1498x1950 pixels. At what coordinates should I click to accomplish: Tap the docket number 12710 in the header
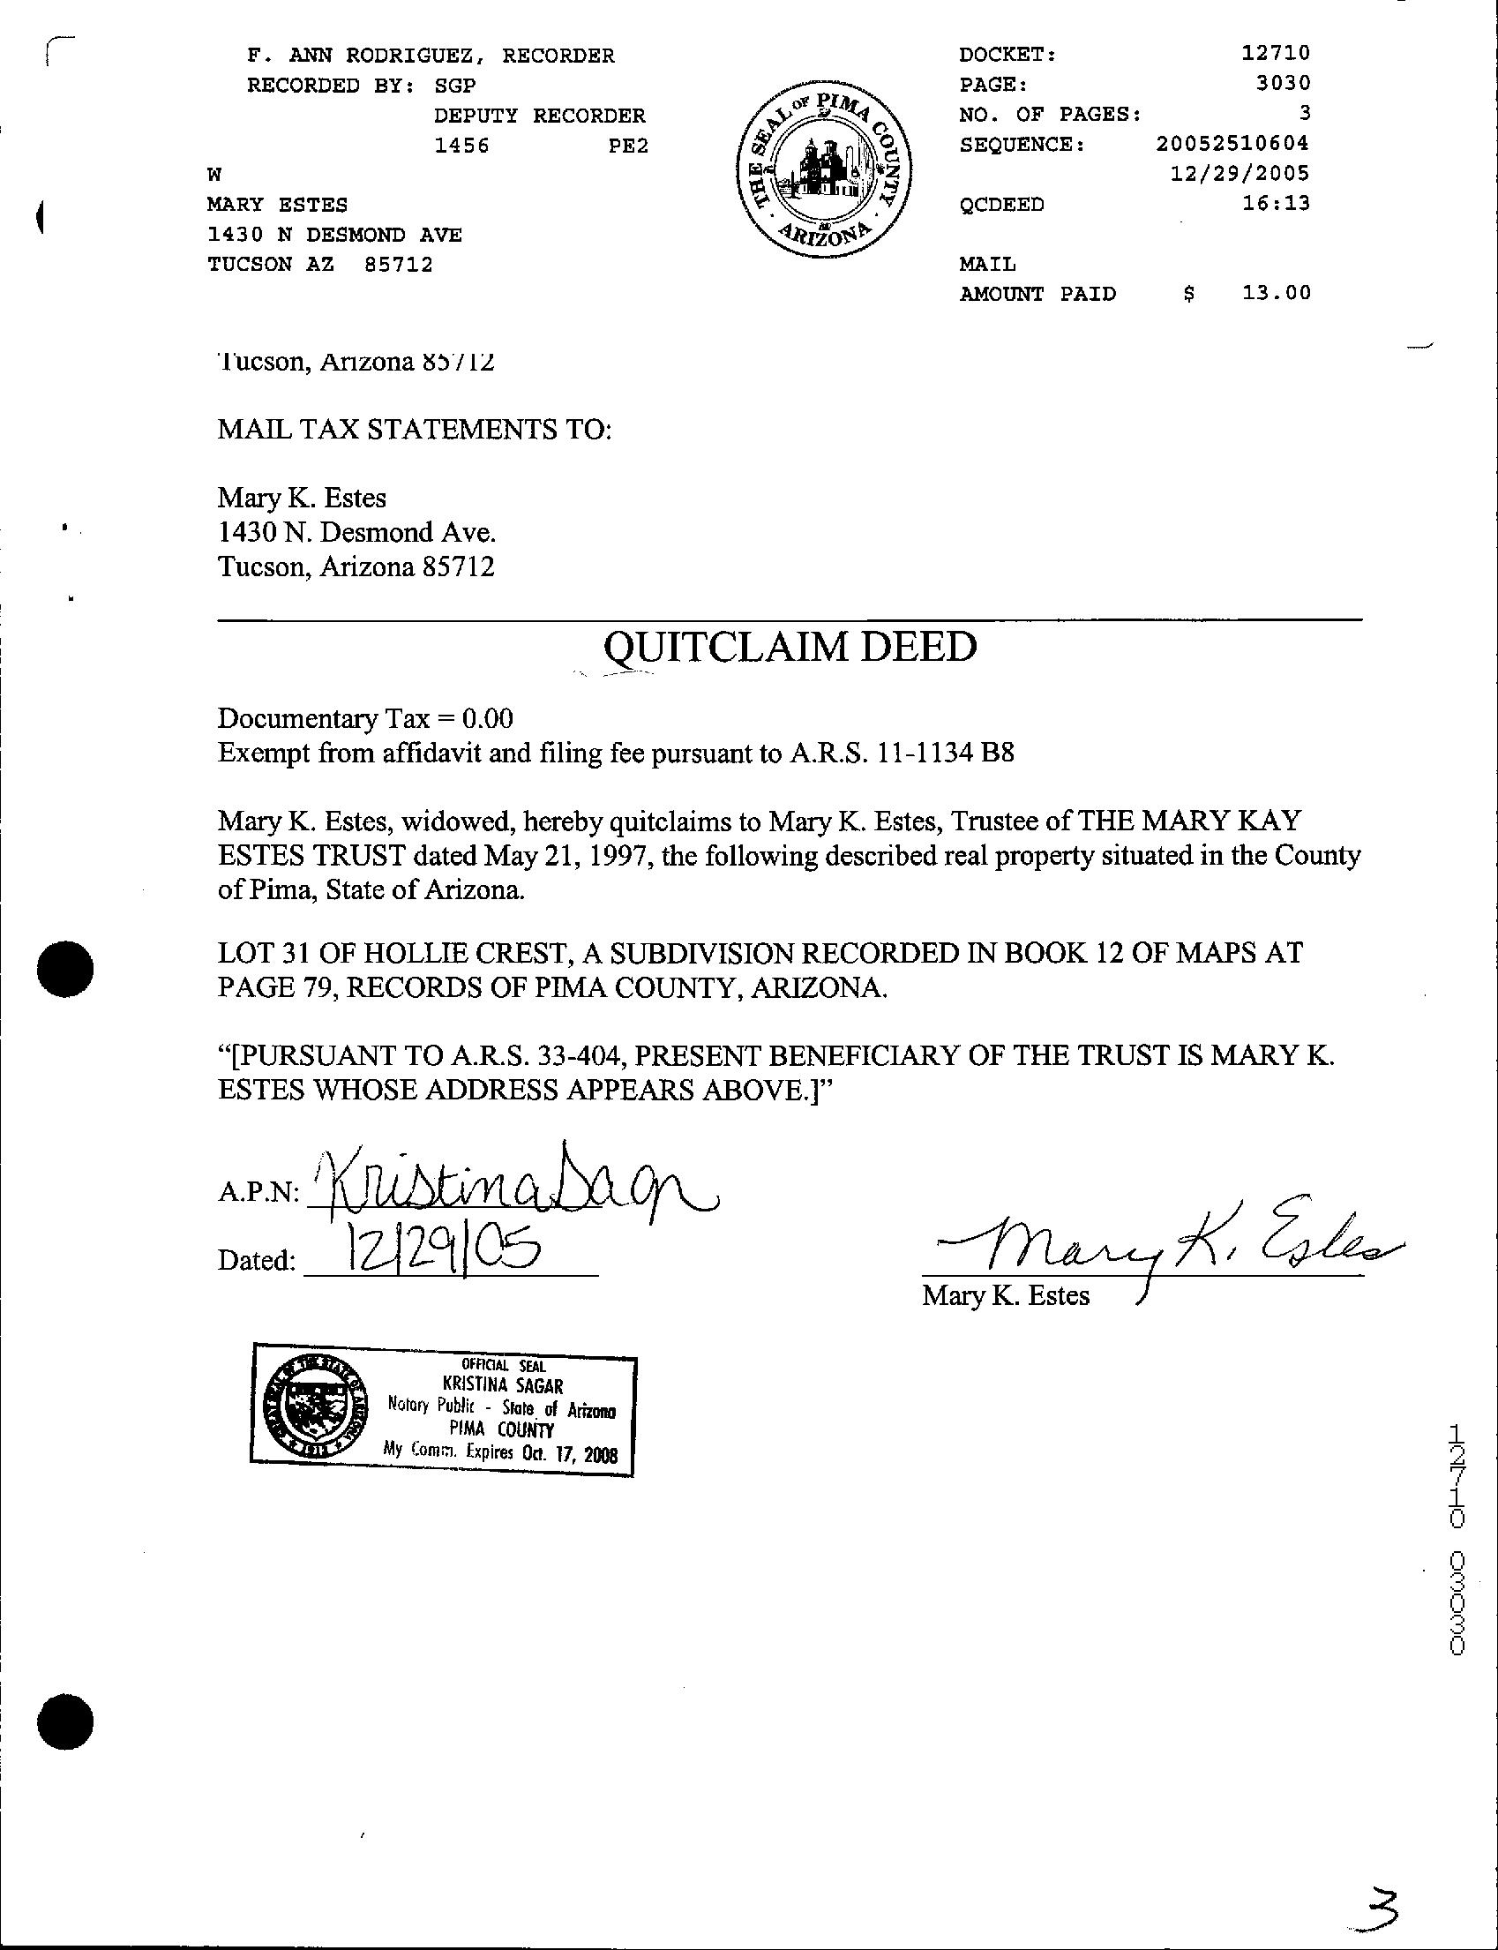pos(1275,55)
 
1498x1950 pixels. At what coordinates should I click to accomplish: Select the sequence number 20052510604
pos(1232,144)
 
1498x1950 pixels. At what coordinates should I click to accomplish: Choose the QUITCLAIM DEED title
pos(790,647)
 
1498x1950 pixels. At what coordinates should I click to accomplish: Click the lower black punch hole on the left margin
pos(66,1717)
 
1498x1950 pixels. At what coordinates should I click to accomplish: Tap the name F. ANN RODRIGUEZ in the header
pos(367,56)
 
